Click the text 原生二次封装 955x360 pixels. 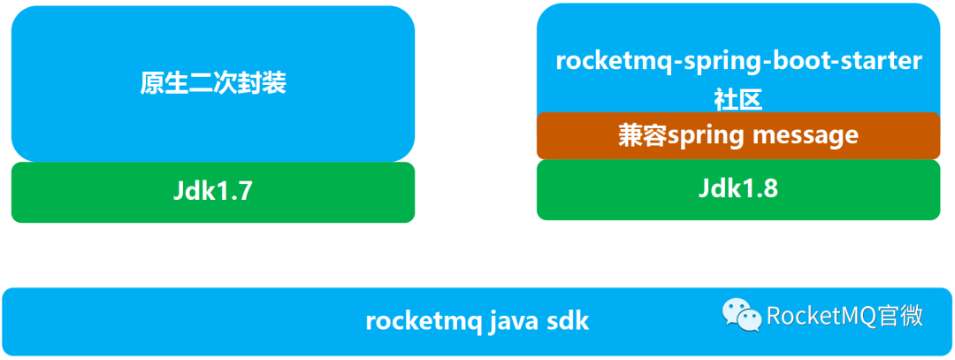(213, 83)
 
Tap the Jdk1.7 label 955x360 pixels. (213, 191)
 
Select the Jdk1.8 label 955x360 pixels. (737, 188)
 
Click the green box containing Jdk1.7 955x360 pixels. (88, 191)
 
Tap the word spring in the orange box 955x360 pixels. (704, 136)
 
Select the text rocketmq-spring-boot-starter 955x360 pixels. (738, 61)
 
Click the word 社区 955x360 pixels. (738, 99)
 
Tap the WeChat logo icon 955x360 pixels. (741, 314)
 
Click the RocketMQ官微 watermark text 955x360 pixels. (844, 315)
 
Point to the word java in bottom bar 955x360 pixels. (516, 320)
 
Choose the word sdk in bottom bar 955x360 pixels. (570, 320)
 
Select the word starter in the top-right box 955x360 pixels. (884, 61)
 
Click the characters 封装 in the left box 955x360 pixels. (262, 83)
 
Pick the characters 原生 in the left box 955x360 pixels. (164, 83)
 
